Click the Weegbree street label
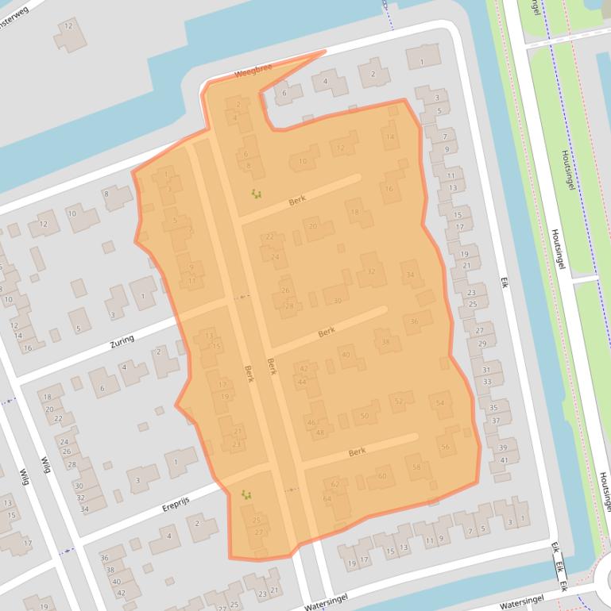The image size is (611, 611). pyautogui.click(x=253, y=71)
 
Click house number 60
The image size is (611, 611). pyautogui.click(x=382, y=476)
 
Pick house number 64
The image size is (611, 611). pyautogui.click(x=327, y=498)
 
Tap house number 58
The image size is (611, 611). pyautogui.click(x=416, y=467)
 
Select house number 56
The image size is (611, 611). pyautogui.click(x=445, y=447)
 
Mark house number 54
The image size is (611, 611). pyautogui.click(x=440, y=404)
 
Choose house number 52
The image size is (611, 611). pyautogui.click(x=399, y=402)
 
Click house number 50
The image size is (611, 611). pyautogui.click(x=365, y=416)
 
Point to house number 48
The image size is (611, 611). pyautogui.click(x=320, y=432)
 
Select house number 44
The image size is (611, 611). pyautogui.click(x=302, y=382)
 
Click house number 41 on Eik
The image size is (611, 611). pyautogui.click(x=503, y=459)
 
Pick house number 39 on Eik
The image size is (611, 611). pyautogui.click(x=502, y=448)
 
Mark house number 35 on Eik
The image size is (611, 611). pyautogui.click(x=493, y=408)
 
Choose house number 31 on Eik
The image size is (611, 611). pyautogui.click(x=486, y=370)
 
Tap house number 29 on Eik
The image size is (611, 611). pyautogui.click(x=481, y=343)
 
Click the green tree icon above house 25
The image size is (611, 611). pyautogui.click(x=246, y=494)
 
